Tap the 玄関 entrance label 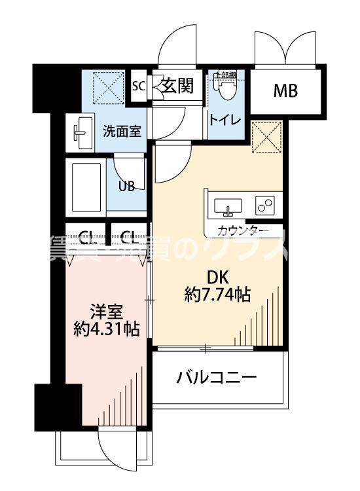[x=178, y=86]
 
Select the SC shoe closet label [x=138, y=86]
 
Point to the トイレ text [x=226, y=120]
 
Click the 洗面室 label [x=122, y=130]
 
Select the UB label [x=126, y=185]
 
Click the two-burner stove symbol [x=265, y=206]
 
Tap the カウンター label [x=243, y=230]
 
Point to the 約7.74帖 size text [x=217, y=295]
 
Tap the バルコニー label [x=217, y=378]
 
